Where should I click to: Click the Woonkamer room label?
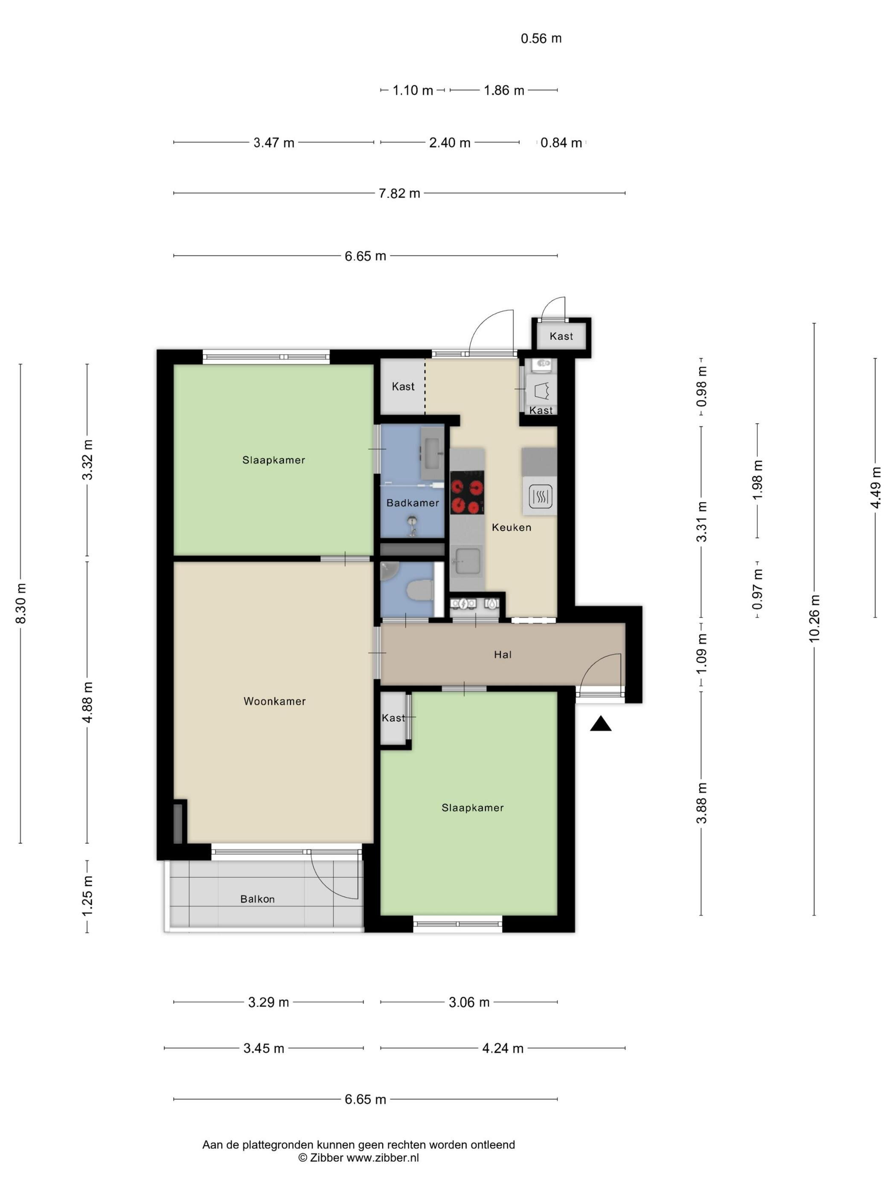pos(274,701)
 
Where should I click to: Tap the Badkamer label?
pos(413,503)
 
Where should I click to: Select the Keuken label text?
pos(512,527)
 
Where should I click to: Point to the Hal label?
pos(502,655)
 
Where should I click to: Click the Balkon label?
pos(258,899)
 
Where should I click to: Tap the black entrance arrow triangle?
pos(601,723)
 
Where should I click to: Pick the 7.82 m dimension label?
pos(399,193)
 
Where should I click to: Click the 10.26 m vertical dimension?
pos(815,618)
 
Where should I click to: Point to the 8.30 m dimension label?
pos(20,603)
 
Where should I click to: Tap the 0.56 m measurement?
pos(541,38)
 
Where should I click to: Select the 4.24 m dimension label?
pos(503,1049)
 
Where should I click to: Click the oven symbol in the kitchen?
pos(540,496)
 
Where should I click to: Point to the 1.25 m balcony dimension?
pos(87,896)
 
